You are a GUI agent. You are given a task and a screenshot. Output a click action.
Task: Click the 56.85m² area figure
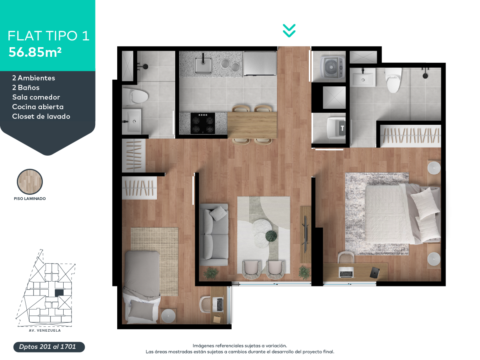(x=35, y=52)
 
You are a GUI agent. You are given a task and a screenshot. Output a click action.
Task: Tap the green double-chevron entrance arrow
(x=289, y=31)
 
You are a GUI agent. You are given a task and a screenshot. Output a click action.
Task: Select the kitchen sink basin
(x=203, y=65)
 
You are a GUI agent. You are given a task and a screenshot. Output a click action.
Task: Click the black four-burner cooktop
(x=203, y=123)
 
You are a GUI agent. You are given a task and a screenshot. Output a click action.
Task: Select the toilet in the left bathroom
(x=135, y=96)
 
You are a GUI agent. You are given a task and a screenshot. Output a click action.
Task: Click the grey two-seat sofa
(x=214, y=235)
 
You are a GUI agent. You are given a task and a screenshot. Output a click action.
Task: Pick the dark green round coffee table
(x=271, y=236)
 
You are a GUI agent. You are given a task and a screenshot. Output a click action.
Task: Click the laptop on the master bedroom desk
(x=346, y=272)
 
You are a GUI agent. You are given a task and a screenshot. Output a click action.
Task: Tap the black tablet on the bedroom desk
(x=374, y=272)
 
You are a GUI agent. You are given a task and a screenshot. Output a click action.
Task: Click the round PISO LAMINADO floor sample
(x=30, y=182)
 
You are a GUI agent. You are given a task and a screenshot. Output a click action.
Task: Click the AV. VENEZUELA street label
(x=45, y=330)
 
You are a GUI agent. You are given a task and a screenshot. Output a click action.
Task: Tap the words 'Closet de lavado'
(x=41, y=116)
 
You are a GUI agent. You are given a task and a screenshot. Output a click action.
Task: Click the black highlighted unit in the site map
(x=59, y=293)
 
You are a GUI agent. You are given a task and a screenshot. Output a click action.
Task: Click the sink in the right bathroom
(x=363, y=77)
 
